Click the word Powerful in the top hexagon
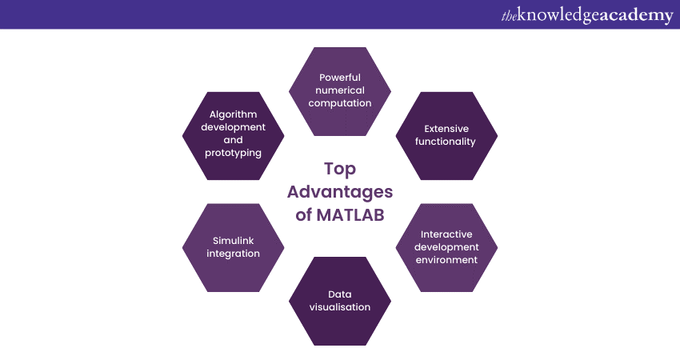340,78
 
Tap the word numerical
340,90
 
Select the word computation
340,103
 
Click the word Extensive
446,129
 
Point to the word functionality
446,142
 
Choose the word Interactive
446,234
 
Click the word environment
446,260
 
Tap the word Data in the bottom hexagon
339,294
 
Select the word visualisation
340,307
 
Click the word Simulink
234,241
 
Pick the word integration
234,254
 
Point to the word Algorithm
234,114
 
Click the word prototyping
234,153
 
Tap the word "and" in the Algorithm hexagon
234,140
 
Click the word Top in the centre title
340,169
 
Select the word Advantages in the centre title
340,192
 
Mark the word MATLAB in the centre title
350,215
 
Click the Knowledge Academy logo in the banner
587,15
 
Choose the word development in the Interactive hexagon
446,247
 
